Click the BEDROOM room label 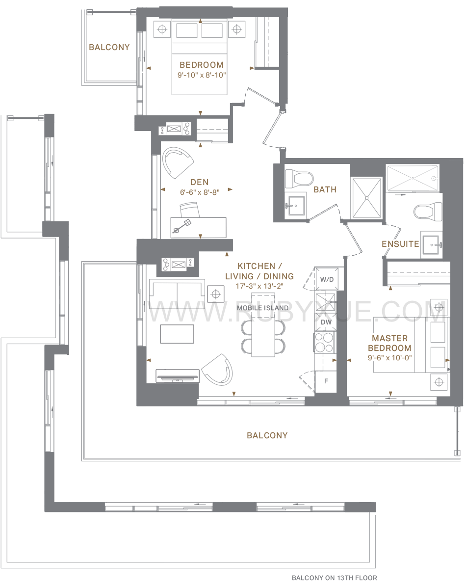(x=201, y=65)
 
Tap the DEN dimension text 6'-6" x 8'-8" (x=200, y=192)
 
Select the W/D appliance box (x=327, y=279)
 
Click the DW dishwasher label (x=326, y=322)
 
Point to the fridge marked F (x=326, y=381)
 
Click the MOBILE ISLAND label (x=263, y=308)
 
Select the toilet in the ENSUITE (x=428, y=211)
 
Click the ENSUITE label (x=400, y=244)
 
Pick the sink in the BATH (x=295, y=206)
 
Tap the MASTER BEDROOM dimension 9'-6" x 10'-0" (x=389, y=358)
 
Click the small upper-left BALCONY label (x=109, y=47)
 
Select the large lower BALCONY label (x=267, y=435)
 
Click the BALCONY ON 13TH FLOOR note (x=335, y=578)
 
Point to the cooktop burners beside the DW (x=324, y=342)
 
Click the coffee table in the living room (x=177, y=334)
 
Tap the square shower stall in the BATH (x=367, y=198)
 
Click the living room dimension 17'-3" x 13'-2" (x=259, y=286)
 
